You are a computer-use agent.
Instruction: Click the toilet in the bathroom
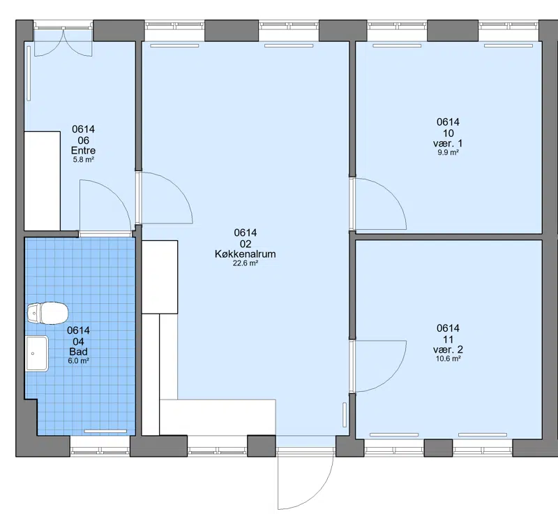(47, 313)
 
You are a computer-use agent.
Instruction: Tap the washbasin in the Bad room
(37, 353)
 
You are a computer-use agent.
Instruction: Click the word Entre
(83, 150)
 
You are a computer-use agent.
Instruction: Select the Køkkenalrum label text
(246, 254)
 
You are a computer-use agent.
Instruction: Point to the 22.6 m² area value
(246, 263)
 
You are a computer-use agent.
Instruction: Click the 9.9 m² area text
(448, 152)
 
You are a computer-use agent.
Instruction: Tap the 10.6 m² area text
(448, 359)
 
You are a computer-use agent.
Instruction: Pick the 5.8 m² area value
(83, 160)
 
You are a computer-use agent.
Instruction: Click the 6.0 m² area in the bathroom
(78, 361)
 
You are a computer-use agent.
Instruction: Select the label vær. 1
(448, 143)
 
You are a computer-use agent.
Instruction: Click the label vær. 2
(448, 349)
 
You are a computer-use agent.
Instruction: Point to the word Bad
(78, 351)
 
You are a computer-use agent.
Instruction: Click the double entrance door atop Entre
(63, 42)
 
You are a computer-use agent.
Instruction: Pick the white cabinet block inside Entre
(42, 181)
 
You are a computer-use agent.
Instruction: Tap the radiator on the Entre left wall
(29, 73)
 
